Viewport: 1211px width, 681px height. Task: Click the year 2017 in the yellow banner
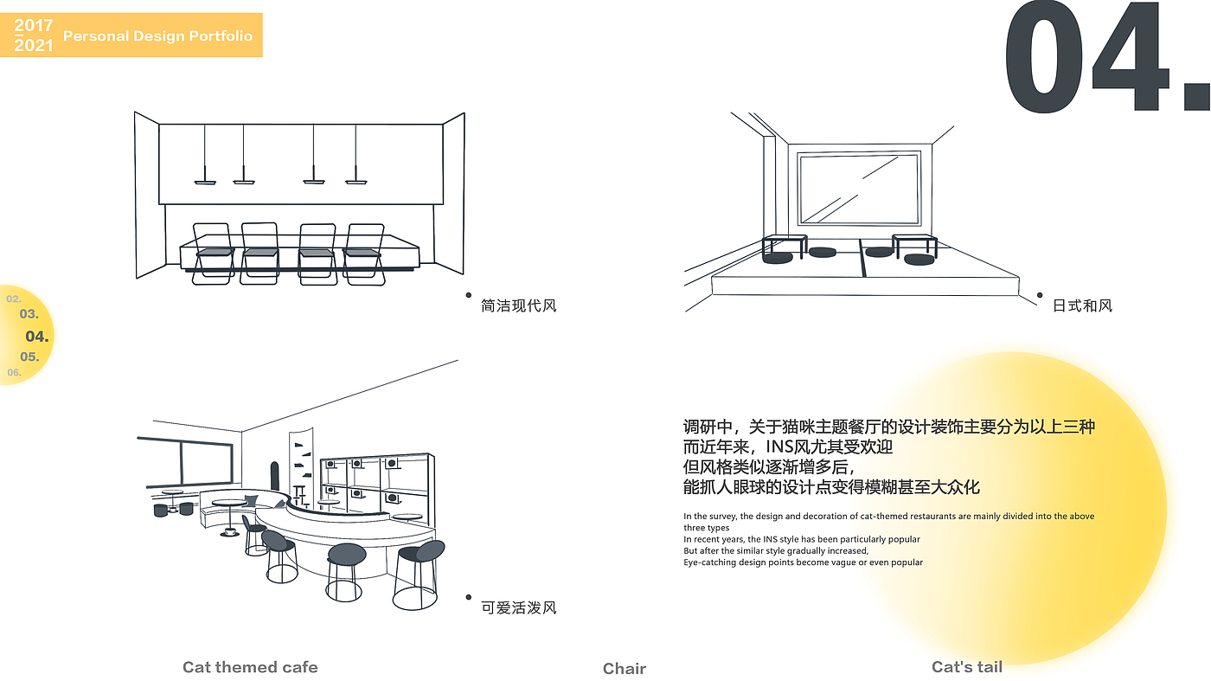34,25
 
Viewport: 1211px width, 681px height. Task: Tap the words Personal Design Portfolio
157,35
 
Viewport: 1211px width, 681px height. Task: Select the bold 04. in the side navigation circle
36,336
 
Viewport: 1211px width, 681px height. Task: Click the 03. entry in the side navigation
29,314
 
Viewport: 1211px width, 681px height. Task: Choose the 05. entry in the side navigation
29,357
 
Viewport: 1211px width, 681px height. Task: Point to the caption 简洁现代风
518,305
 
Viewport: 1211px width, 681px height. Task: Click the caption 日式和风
1082,305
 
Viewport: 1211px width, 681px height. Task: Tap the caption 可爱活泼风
518,607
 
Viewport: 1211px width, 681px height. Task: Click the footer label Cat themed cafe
250,667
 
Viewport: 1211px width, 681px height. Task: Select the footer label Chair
625,669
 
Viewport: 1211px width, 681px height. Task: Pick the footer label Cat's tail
967,667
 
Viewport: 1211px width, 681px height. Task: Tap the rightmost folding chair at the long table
364,254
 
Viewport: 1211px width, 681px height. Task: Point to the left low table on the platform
785,246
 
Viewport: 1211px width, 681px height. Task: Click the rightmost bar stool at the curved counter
419,575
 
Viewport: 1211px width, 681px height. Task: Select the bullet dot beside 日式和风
1040,295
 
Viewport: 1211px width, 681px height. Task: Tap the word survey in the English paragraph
723,516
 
